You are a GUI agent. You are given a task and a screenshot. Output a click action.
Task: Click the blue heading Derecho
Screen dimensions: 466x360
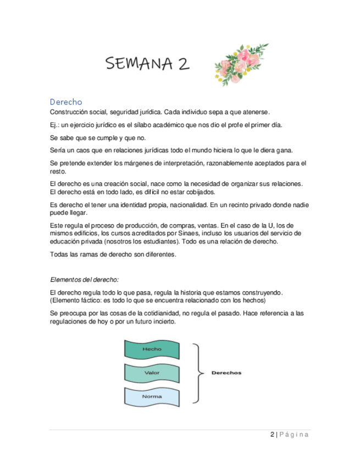(x=65, y=102)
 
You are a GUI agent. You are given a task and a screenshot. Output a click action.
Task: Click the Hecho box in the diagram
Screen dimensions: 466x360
(x=152, y=349)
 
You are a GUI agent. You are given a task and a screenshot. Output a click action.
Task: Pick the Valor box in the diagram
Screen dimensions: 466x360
(x=152, y=373)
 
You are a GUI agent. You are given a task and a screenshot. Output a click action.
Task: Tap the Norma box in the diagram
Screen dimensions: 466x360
(x=152, y=396)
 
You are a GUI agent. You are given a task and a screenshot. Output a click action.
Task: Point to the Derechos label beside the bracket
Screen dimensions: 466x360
(x=226, y=373)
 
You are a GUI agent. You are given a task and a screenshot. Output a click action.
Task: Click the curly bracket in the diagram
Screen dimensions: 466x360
(x=197, y=373)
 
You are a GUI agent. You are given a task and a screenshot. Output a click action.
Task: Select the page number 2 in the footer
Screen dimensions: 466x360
(x=273, y=435)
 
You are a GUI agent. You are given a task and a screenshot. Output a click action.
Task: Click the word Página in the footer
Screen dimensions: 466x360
(x=294, y=435)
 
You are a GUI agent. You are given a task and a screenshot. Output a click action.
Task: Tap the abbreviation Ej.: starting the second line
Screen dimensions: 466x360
(x=55, y=125)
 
